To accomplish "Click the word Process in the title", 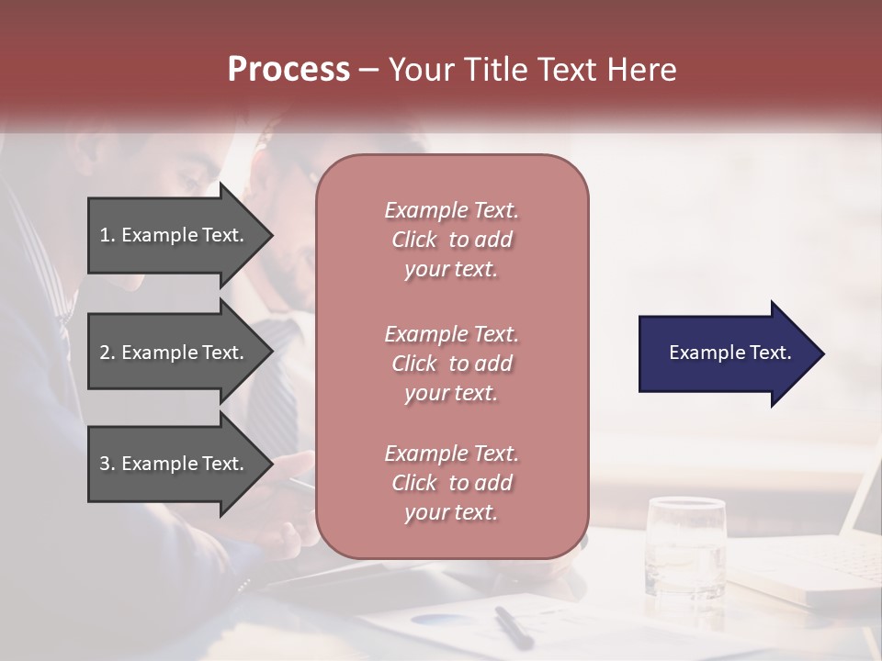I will [288, 70].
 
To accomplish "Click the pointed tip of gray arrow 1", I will [270, 235].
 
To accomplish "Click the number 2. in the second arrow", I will [107, 353].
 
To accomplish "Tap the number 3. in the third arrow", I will [107, 464].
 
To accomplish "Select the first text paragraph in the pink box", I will [451, 240].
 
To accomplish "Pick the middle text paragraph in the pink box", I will [451, 363].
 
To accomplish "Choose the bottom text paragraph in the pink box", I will [451, 483].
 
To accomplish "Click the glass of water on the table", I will [685, 546].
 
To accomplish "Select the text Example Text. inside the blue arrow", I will [729, 353].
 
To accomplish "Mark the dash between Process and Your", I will [369, 70].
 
